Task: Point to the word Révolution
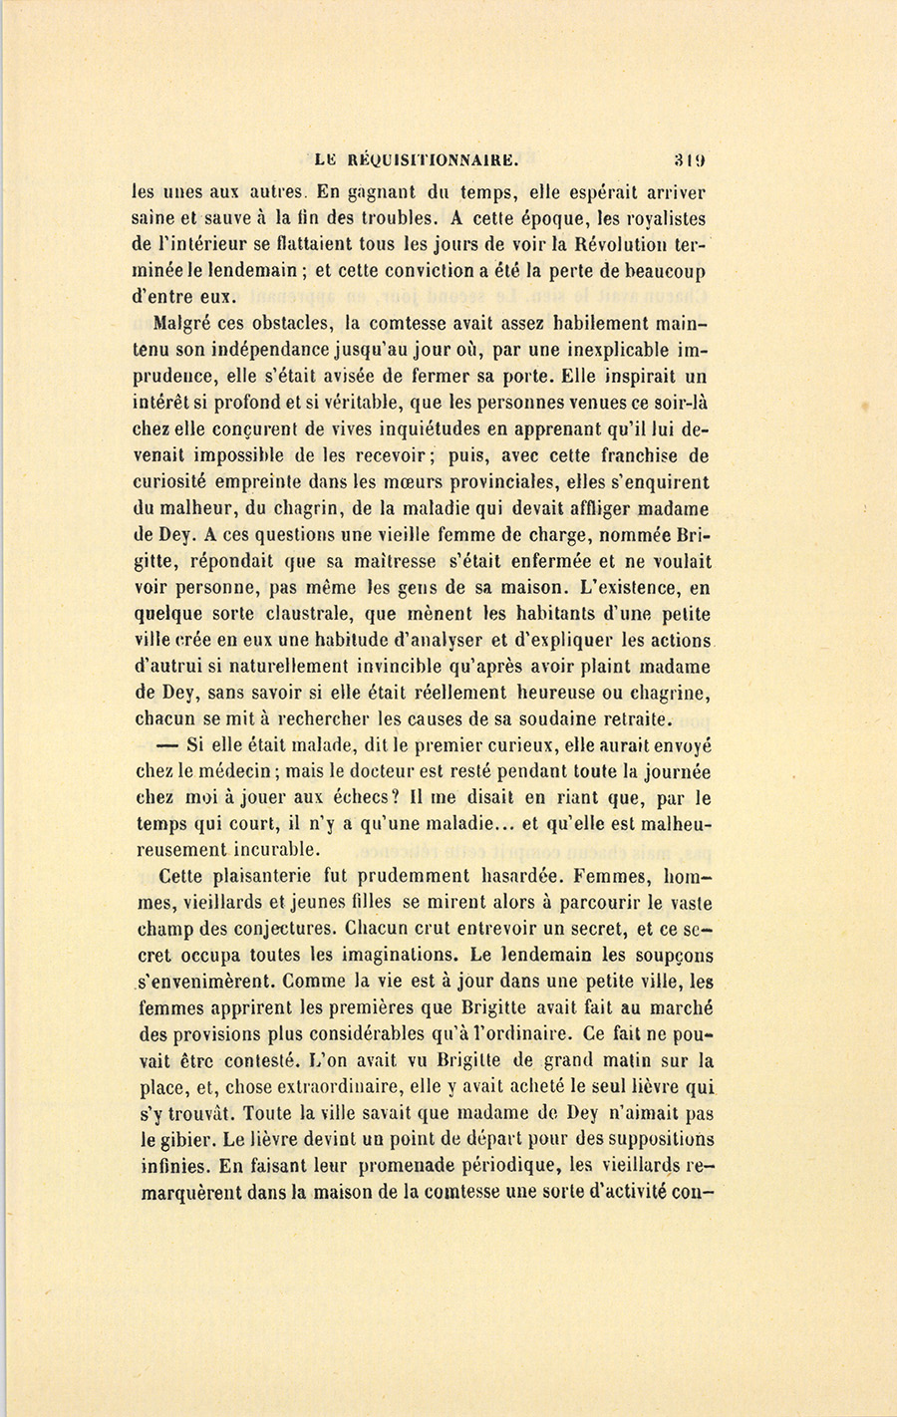[x=594, y=244]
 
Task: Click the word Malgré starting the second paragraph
[x=188, y=324]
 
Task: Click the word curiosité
[x=177, y=482]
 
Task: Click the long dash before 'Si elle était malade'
[x=166, y=744]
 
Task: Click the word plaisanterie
[x=263, y=877]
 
